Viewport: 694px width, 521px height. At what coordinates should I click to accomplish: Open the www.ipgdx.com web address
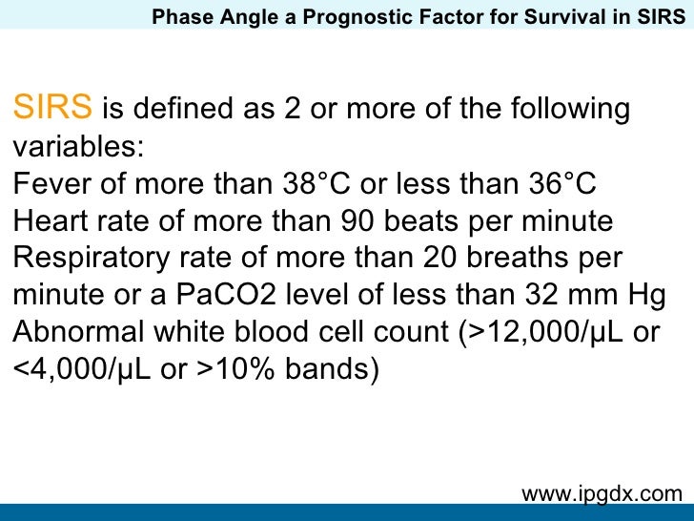pos(602,492)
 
